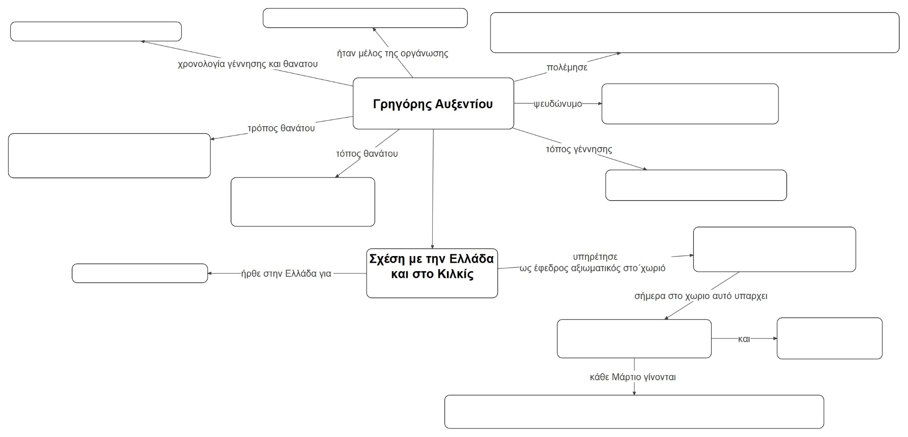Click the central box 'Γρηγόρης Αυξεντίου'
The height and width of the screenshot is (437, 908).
[x=433, y=103]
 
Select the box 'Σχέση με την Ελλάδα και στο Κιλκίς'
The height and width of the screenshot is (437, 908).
[x=432, y=273]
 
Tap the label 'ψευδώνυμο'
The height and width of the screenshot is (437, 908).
[x=558, y=104]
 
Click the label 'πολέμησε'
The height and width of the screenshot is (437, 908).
[x=567, y=68]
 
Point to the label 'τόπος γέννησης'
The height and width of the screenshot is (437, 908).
[x=579, y=149]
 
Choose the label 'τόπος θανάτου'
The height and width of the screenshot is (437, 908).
[x=367, y=154]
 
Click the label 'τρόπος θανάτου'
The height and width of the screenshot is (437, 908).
[x=281, y=128]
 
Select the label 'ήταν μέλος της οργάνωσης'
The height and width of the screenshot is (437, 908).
[x=392, y=53]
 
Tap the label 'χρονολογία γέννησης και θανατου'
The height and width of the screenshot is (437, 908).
[x=247, y=64]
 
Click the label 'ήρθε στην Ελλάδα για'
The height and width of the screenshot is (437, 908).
[x=286, y=274]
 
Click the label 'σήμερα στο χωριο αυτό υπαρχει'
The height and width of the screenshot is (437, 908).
[x=700, y=296]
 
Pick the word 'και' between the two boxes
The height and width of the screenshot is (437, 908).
[x=744, y=339]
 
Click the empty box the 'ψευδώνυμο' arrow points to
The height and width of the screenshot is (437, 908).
[x=690, y=104]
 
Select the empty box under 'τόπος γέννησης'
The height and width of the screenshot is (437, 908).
[x=696, y=185]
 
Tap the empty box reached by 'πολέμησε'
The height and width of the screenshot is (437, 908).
[x=694, y=33]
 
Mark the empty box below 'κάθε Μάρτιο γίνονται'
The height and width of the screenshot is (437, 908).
[x=634, y=411]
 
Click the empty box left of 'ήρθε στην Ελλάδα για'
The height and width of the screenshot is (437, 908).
[x=140, y=273]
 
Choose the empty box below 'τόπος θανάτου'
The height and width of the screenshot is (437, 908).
[x=303, y=202]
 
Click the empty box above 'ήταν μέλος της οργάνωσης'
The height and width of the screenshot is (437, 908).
[x=365, y=18]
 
